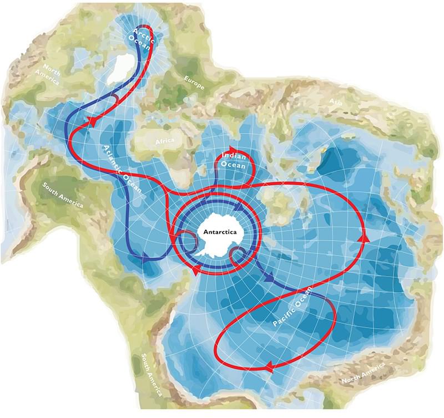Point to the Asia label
335,101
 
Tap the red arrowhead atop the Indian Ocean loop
232,149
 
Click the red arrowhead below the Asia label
365,237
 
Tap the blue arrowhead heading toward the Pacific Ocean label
269,280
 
